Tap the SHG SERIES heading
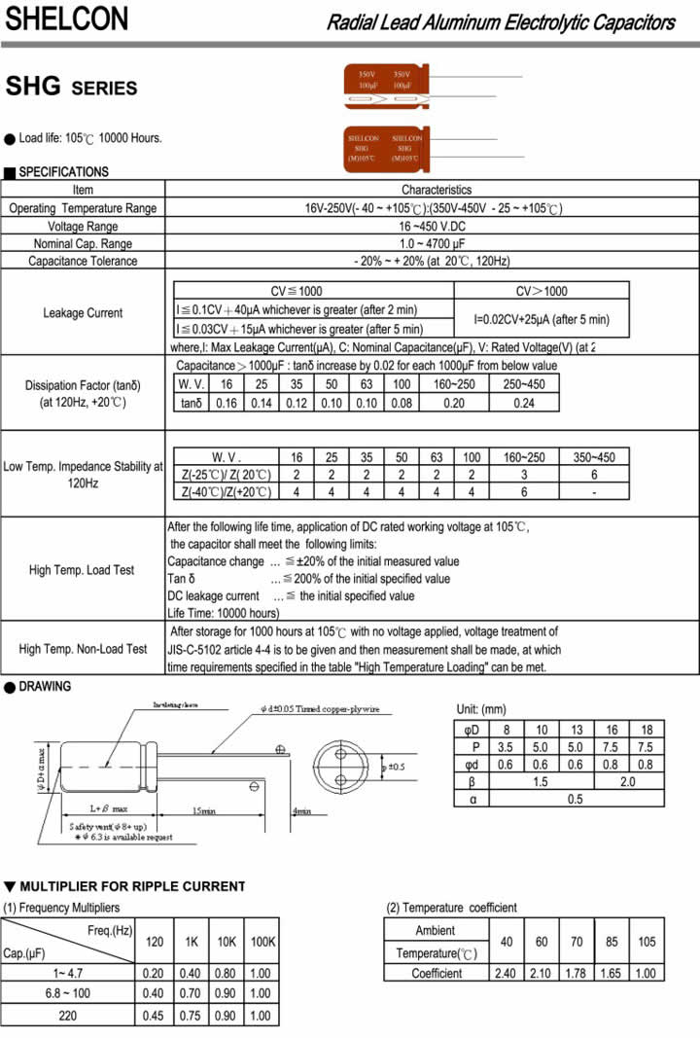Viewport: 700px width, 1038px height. [x=71, y=88]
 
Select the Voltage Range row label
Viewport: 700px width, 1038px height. [x=83, y=226]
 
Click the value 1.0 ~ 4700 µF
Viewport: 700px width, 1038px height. [x=431, y=243]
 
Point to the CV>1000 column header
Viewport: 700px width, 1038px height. [x=542, y=291]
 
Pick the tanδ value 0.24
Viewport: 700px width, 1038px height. [x=523, y=403]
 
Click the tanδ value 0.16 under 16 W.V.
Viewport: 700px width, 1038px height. [x=227, y=403]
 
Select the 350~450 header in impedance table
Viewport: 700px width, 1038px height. [x=594, y=457]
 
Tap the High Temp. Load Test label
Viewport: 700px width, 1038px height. [x=82, y=570]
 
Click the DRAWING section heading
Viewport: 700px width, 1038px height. [x=45, y=687]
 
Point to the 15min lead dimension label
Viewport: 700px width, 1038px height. [x=203, y=810]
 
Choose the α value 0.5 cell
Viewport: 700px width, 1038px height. [x=576, y=799]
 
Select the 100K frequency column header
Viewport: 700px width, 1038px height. [x=261, y=942]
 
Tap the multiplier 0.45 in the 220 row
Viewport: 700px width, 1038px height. [x=154, y=1016]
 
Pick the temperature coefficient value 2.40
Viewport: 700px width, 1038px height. [x=507, y=973]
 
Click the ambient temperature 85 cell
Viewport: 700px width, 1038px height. [x=613, y=942]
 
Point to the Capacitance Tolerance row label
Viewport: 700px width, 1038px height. [x=83, y=261]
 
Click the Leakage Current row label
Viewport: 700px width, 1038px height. [x=83, y=313]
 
